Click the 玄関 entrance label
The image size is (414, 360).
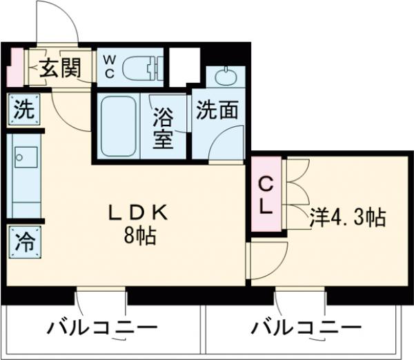(x=60, y=68)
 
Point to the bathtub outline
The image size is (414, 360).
(x=119, y=126)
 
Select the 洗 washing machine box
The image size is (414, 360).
(x=23, y=109)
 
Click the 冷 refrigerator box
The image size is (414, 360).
(x=23, y=242)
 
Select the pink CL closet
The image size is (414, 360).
(x=266, y=194)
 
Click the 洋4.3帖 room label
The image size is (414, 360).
(x=346, y=218)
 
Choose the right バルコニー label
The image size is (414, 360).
(x=305, y=327)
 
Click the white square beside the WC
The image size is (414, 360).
(x=184, y=66)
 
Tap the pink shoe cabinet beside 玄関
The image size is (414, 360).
(x=12, y=68)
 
